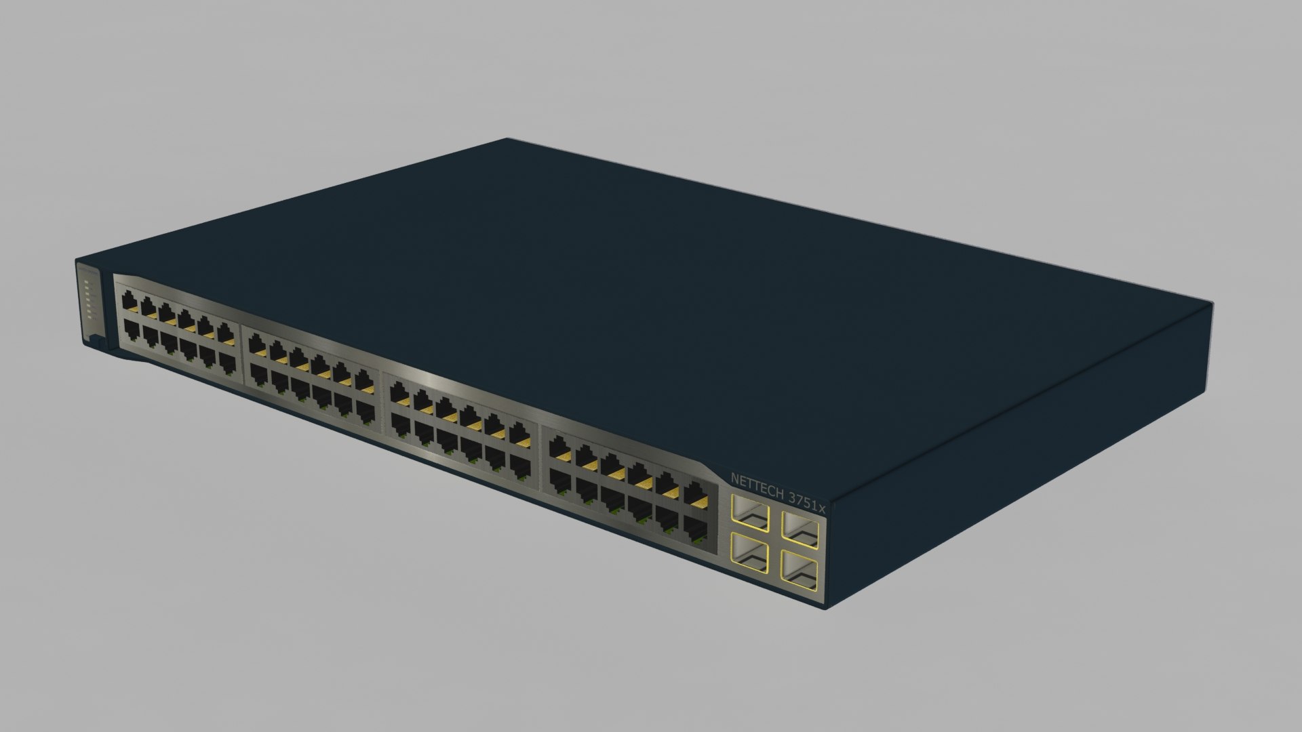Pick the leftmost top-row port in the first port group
(x=129, y=300)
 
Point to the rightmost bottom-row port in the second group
(x=366, y=409)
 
